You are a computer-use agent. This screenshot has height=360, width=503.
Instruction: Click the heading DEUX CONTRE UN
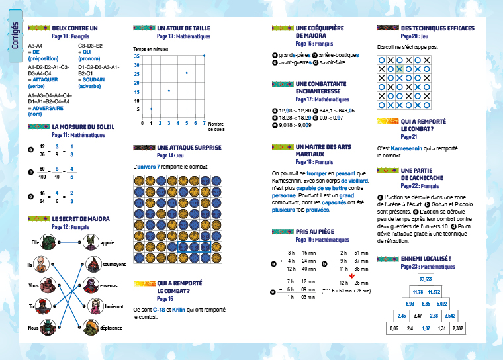pyautogui.click(x=74, y=28)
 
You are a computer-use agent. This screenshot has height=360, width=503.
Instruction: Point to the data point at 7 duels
pyautogui.click(x=205, y=56)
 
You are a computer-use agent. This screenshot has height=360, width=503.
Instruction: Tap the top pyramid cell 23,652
pyautogui.click(x=426, y=279)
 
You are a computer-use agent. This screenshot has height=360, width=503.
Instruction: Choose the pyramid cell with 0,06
pyautogui.click(x=394, y=327)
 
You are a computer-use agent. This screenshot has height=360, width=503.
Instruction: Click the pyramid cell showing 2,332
pyautogui.click(x=457, y=327)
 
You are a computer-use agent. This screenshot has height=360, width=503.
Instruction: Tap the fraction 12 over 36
pyautogui.click(x=42, y=150)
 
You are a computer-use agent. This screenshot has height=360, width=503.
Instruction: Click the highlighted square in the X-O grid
pyautogui.click(x=400, y=67)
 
